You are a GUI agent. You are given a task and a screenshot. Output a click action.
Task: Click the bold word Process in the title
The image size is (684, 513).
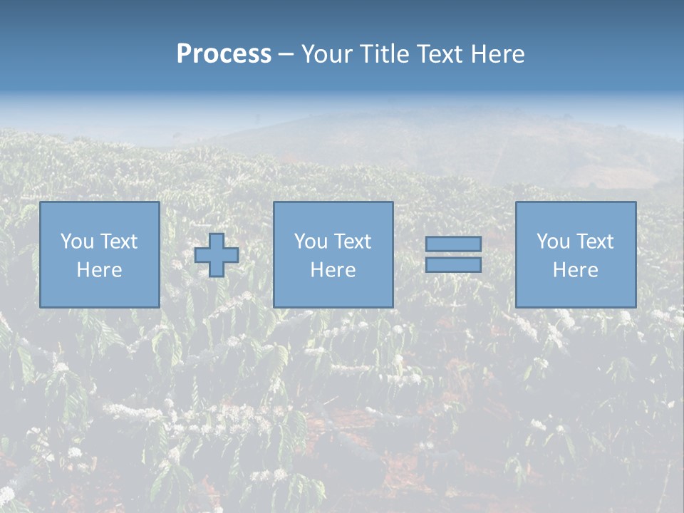tap(224, 54)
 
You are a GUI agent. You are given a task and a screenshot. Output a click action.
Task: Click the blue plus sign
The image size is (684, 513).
tap(217, 255)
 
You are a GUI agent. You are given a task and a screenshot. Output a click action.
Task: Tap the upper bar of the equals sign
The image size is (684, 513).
tap(453, 244)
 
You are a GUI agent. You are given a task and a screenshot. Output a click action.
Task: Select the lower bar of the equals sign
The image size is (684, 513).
tap(453, 265)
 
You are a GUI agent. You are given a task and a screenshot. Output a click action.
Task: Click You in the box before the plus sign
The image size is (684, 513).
tap(77, 242)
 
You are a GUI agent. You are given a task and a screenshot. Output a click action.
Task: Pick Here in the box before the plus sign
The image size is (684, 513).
tap(99, 270)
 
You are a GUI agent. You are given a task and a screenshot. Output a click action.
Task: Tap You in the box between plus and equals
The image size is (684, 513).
tap(311, 242)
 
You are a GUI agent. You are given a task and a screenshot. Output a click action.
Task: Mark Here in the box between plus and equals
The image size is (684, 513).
tap(333, 270)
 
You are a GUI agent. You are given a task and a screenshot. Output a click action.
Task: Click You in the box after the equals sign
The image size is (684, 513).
tap(553, 242)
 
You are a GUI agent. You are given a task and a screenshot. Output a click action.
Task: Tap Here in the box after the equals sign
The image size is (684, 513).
tap(575, 270)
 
